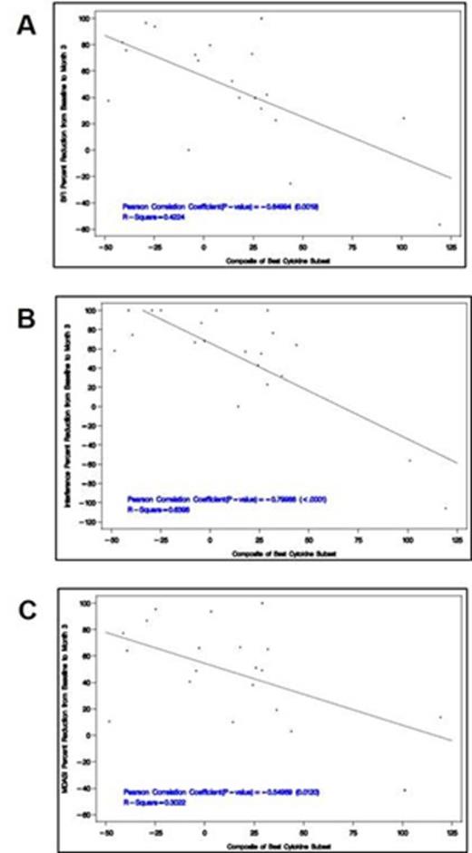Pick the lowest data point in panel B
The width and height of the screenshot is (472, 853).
click(446, 508)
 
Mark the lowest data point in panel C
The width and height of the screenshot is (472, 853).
click(405, 790)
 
